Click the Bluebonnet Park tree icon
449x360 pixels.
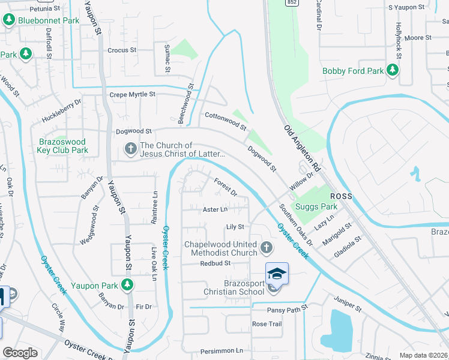coord(9,20)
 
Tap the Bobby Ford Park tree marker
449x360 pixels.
coord(393,71)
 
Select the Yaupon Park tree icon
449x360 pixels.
coord(127,285)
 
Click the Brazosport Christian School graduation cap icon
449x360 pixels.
coord(277,274)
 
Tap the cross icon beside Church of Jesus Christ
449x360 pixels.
coord(130,148)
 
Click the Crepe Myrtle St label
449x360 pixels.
coord(132,95)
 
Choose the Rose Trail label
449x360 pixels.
coord(267,324)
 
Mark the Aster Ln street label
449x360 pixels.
coord(215,209)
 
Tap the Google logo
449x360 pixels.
coord(20,353)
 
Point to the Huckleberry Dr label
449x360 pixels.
coord(61,111)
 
